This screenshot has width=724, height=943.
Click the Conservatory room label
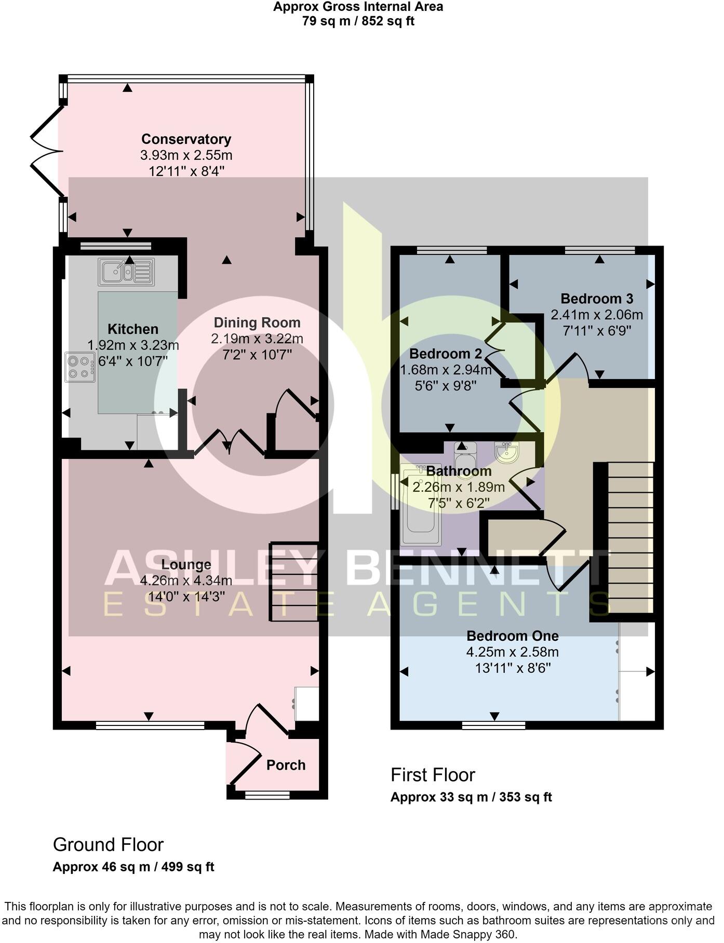click(x=186, y=139)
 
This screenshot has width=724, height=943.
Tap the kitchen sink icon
click(x=126, y=272)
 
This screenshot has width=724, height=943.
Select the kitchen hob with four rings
click(x=80, y=367)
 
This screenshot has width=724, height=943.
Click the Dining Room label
click(x=257, y=322)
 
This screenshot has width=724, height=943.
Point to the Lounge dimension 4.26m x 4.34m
click(x=186, y=581)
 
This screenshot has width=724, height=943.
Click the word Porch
click(x=286, y=765)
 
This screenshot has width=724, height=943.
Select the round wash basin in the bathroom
click(x=506, y=452)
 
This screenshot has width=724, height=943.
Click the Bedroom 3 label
click(x=597, y=299)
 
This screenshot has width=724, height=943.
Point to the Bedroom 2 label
click(x=446, y=354)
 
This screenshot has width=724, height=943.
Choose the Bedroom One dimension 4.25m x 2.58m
click(x=512, y=652)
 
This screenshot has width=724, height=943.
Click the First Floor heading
click(x=433, y=775)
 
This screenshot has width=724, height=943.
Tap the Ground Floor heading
click(x=108, y=844)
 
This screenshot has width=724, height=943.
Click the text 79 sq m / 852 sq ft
click(x=358, y=21)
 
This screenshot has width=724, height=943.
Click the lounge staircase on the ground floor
click(x=294, y=581)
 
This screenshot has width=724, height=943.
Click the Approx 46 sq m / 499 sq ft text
click(x=133, y=867)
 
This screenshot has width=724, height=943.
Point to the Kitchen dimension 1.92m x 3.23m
click(x=133, y=345)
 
